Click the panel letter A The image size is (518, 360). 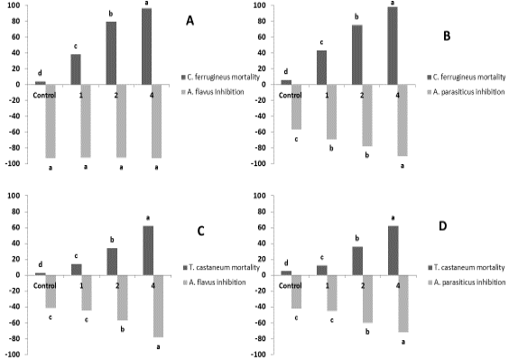click(190, 21)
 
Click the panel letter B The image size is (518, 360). click(447, 36)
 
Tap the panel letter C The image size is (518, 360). click(200, 231)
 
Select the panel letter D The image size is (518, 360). click(443, 226)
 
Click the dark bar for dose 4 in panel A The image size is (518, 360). click(147, 46)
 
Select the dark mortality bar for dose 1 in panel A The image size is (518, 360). click(76, 69)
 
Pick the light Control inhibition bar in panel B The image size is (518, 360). click(296, 106)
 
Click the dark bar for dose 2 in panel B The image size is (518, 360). click(357, 55)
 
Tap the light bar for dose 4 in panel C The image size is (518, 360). click(158, 306)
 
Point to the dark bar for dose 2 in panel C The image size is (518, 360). click(112, 262)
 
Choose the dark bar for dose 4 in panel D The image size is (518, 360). click(393, 251)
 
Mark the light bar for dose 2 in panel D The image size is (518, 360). click(367, 299)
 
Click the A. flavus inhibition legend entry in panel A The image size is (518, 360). click(213, 92)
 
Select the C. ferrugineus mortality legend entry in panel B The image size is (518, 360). click(467, 77)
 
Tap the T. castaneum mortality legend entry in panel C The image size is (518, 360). click(221, 267)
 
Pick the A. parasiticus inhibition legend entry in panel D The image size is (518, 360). click(467, 282)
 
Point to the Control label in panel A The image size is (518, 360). click(44, 95)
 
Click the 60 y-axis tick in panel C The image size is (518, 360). click(16, 227)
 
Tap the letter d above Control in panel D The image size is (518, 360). click(286, 263)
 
